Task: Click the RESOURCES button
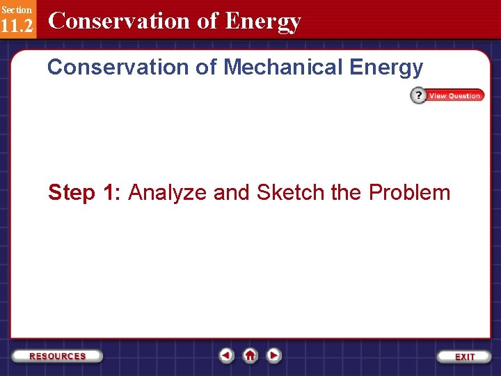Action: pyautogui.click(x=58, y=356)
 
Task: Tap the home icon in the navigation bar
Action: pyautogui.click(x=250, y=355)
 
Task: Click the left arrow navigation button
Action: pyautogui.click(x=226, y=355)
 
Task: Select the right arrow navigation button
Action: pyautogui.click(x=274, y=355)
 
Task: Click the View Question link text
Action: pyautogui.click(x=455, y=96)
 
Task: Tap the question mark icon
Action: pyautogui.click(x=418, y=96)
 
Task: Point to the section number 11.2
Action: pyautogui.click(x=16, y=26)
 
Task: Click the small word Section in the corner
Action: pyautogui.click(x=16, y=10)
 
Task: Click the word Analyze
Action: pyautogui.click(x=168, y=193)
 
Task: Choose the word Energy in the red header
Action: pyautogui.click(x=263, y=22)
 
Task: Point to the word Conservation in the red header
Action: pyautogui.click(x=118, y=21)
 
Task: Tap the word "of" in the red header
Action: pyautogui.click(x=207, y=21)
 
